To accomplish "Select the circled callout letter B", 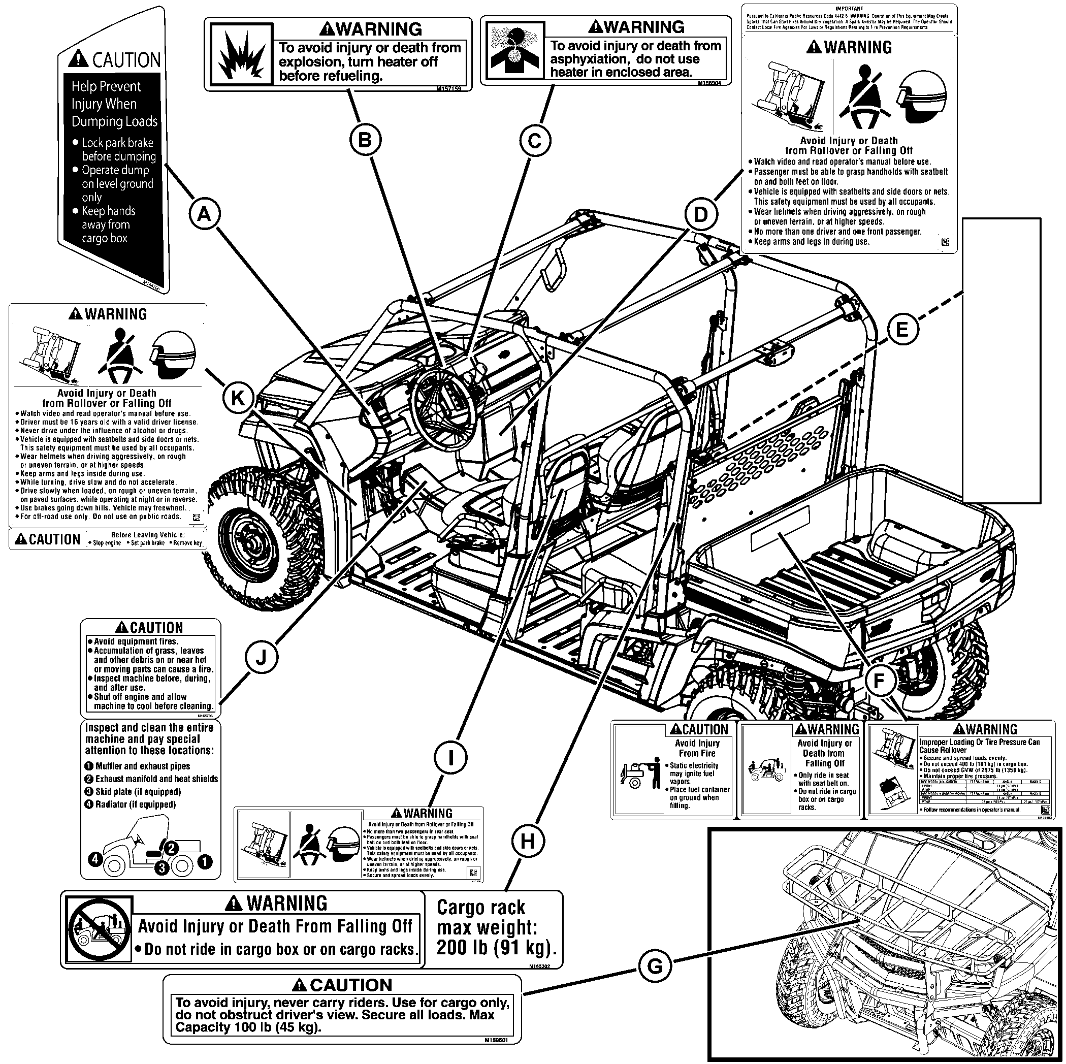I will coord(365,140).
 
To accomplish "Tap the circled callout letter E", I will coord(902,330).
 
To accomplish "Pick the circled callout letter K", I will coord(238,398).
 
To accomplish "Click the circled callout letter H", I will coord(527,841).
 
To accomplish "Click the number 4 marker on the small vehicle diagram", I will coord(95,859).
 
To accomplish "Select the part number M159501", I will coord(496,1040).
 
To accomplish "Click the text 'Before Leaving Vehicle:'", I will coord(147,535).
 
